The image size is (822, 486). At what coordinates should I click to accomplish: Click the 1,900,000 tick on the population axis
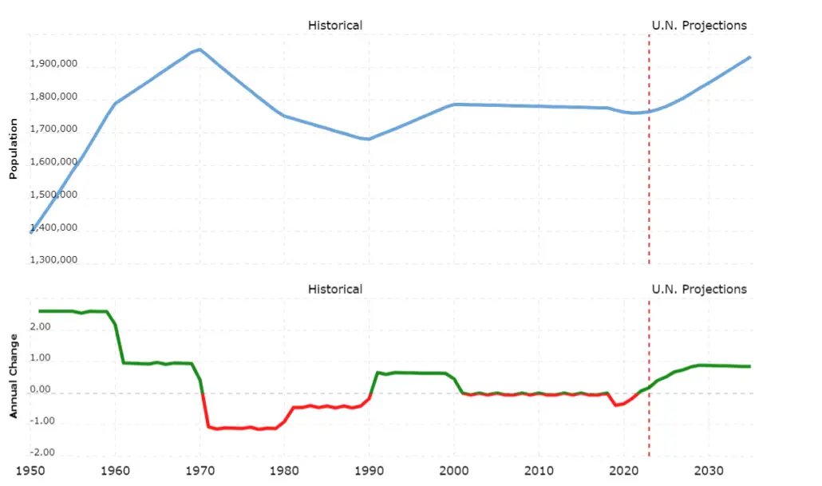(53, 65)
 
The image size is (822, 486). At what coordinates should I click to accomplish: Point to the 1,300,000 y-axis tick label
(53, 260)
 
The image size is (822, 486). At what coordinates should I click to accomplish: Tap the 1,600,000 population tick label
(53, 162)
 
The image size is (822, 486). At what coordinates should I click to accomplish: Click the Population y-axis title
(14, 150)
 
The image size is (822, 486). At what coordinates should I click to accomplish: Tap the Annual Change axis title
(14, 375)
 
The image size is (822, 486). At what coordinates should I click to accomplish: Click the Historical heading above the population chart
(334, 26)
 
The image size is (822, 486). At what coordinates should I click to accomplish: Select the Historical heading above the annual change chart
(334, 289)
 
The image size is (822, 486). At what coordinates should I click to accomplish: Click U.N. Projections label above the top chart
(699, 26)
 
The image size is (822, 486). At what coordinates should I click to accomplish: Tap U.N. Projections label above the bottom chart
(699, 289)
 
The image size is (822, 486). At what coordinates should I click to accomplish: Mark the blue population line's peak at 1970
(200, 49)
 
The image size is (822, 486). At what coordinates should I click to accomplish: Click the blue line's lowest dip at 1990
(368, 139)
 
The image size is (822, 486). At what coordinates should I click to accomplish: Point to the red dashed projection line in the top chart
(649, 184)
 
